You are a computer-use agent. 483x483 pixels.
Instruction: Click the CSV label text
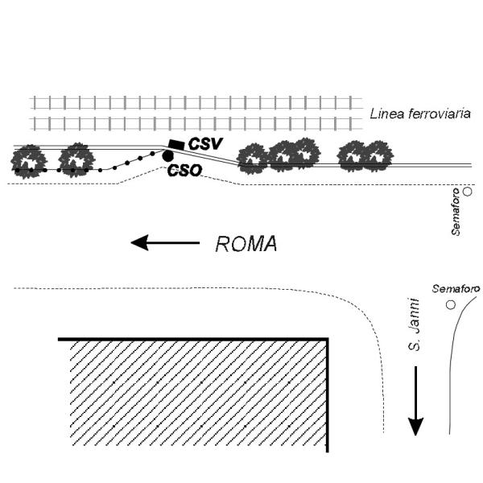click(205, 144)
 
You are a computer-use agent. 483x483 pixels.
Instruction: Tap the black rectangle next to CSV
click(177, 144)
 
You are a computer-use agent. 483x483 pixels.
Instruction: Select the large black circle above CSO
click(167, 156)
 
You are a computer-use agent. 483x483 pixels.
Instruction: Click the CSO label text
click(185, 171)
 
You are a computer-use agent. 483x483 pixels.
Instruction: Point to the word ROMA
click(246, 244)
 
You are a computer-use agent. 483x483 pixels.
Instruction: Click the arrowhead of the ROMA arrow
click(140, 242)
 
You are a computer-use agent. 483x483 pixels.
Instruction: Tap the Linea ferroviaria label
click(420, 114)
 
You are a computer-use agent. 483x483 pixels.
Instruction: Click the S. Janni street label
click(414, 324)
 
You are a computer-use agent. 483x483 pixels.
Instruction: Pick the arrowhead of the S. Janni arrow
click(415, 427)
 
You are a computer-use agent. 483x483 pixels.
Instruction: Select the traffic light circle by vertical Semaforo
click(468, 192)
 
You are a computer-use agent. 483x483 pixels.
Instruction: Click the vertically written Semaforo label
click(456, 212)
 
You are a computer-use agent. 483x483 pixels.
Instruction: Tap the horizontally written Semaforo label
click(456, 289)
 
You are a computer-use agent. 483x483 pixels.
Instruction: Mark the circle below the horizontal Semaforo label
click(451, 304)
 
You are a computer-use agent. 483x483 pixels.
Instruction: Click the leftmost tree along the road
click(29, 162)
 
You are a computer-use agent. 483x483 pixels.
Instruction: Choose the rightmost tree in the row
click(378, 156)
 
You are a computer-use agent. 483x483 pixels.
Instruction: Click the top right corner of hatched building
click(328, 339)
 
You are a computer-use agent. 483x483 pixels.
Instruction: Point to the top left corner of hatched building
click(59, 339)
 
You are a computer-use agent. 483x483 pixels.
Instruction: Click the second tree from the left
click(76, 160)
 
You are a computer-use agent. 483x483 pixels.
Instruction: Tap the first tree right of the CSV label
click(254, 159)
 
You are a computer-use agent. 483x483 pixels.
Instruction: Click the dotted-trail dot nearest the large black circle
click(152, 153)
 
